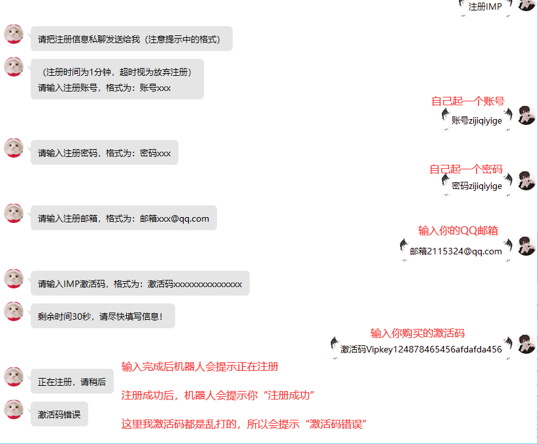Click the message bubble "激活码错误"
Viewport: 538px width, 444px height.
59,414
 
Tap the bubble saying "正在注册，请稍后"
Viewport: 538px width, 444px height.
72,382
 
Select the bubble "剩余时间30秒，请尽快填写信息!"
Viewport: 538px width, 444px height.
103,316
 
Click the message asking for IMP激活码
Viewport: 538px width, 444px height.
140,284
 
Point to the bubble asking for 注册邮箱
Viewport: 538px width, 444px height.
124,218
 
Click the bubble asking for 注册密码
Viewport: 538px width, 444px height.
105,153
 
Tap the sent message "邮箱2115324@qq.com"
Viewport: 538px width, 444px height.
456,251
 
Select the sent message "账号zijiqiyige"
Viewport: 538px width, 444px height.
477,120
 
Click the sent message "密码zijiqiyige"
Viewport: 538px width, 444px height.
477,186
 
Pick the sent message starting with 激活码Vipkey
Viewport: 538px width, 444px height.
421,349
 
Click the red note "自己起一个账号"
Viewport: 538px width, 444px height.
467,101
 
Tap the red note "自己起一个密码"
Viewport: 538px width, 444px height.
465,169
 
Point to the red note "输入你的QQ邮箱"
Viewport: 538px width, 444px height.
458,230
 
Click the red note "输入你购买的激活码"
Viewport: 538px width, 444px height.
417,333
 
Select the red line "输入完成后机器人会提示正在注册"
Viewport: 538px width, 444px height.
199,366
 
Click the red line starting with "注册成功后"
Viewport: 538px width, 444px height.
218,396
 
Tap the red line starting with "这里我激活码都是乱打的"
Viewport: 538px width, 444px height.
243,424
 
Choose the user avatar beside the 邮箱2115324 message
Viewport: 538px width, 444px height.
526,246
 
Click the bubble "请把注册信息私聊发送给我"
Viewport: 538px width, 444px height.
131,39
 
